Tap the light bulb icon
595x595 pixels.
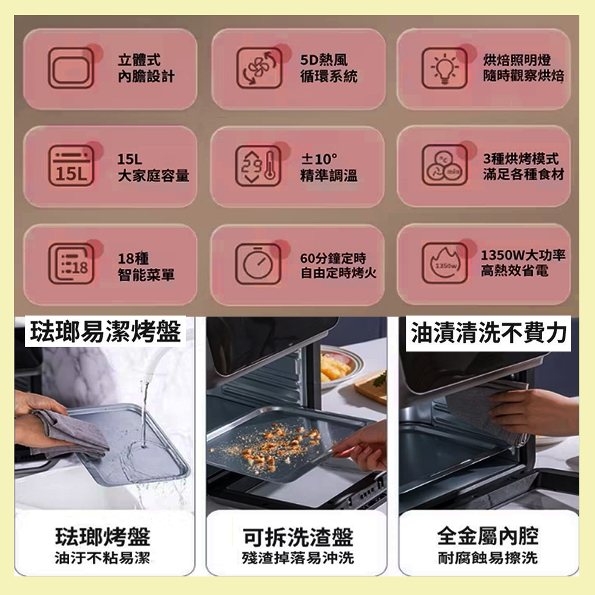(x=445, y=68)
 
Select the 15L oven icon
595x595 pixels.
(x=71, y=166)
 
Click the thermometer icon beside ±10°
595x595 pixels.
(x=259, y=166)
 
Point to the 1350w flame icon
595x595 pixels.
(x=445, y=263)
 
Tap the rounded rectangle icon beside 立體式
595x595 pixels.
(x=71, y=68)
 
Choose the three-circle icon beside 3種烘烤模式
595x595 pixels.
(x=445, y=165)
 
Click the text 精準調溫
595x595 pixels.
(x=329, y=175)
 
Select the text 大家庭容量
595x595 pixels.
(x=153, y=175)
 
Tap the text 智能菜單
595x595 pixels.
(x=146, y=274)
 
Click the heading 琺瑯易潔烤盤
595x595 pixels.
(x=106, y=331)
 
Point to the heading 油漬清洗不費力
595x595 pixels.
(x=489, y=333)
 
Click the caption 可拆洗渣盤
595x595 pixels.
(x=298, y=537)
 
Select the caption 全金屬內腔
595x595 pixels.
(x=488, y=536)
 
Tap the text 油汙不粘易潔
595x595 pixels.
(x=102, y=558)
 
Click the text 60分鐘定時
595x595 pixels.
(x=333, y=258)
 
